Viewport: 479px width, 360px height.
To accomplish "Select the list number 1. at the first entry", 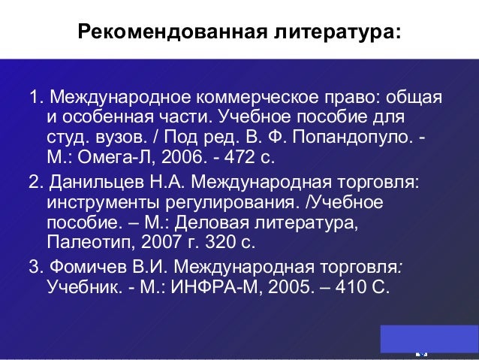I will pyautogui.click(x=35, y=99).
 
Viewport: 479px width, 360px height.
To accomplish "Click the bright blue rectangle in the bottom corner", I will pyautogui.click(x=429, y=338).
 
